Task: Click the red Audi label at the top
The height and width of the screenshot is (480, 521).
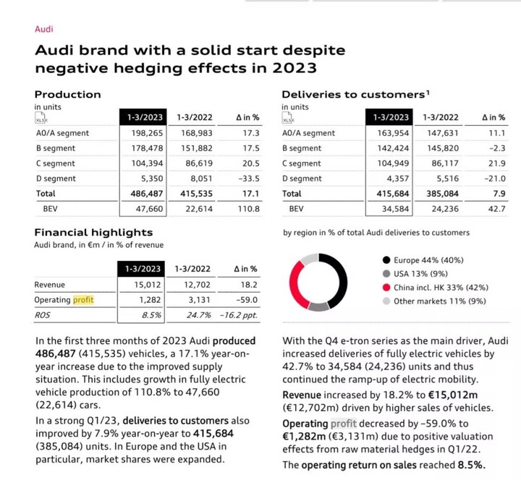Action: [x=44, y=30]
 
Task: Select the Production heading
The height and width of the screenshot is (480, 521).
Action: [x=68, y=94]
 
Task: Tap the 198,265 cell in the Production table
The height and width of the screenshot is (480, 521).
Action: [x=148, y=133]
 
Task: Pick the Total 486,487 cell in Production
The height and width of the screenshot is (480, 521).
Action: [x=148, y=194]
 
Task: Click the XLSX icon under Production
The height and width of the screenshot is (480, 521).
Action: [x=45, y=119]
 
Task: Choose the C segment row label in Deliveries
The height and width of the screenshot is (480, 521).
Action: [x=302, y=163]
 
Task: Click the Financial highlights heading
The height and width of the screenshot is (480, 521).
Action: [x=93, y=232]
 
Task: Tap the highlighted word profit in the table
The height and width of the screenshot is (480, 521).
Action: [x=83, y=300]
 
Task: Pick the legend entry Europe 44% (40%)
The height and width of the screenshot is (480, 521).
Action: [x=428, y=260]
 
